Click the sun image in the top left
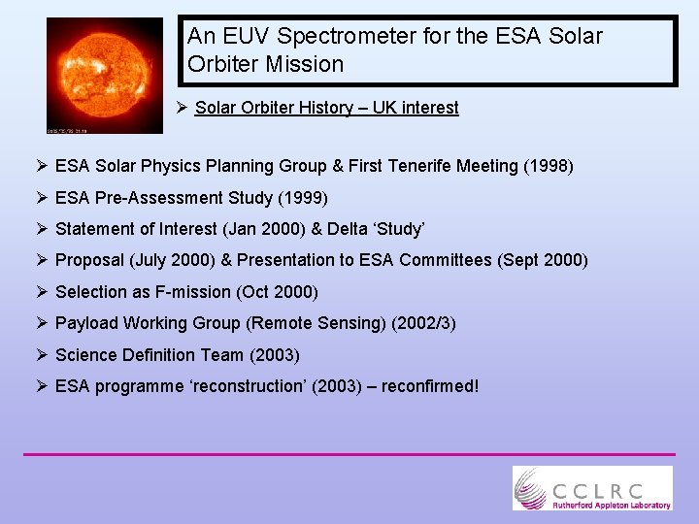coord(105,75)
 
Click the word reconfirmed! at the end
coord(430,386)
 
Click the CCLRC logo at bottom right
coord(592,487)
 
